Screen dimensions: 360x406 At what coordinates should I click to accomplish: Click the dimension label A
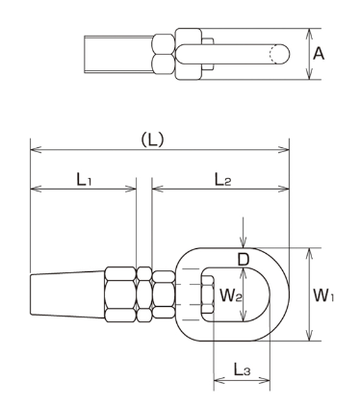319,54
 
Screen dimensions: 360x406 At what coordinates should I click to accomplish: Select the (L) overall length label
153,140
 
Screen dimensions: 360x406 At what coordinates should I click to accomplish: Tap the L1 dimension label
84,179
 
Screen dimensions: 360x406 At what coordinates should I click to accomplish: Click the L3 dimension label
242,369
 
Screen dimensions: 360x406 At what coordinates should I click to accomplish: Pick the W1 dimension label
323,294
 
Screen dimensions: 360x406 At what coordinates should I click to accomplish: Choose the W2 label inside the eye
230,294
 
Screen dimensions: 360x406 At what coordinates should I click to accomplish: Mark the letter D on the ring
244,259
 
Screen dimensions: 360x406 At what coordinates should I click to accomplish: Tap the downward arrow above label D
244,233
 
